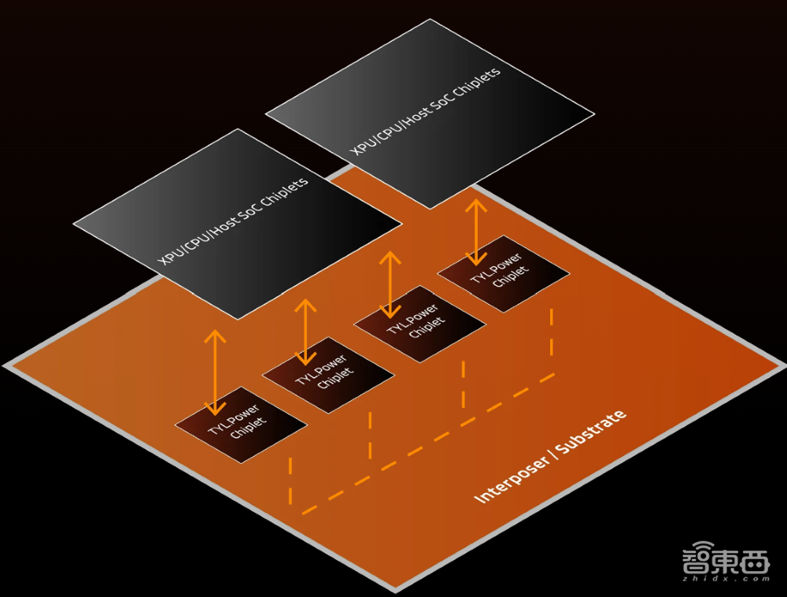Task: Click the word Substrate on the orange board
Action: [591, 432]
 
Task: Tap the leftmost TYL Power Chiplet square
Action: [241, 425]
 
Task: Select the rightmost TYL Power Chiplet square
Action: [504, 273]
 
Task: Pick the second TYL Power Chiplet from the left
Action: [328, 375]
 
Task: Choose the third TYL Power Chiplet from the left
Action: [419, 324]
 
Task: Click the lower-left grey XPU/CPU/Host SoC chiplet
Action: [238, 224]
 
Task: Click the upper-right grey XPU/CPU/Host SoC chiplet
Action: [430, 114]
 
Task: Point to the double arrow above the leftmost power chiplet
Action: [215, 372]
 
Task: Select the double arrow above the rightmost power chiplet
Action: [476, 232]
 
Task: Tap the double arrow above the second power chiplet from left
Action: [305, 332]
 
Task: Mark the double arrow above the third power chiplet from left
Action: [390, 284]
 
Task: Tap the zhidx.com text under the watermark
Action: [726, 579]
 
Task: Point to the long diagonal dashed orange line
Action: [429, 444]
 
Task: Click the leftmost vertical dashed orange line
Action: [290, 481]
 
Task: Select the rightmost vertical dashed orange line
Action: [552, 332]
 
